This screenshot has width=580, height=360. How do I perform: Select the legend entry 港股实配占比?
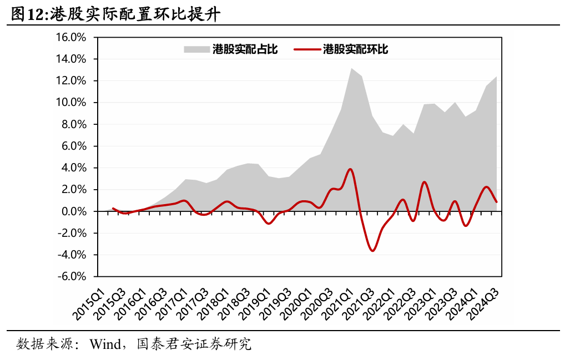pos(245,49)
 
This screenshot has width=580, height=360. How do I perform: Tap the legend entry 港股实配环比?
pos(355,49)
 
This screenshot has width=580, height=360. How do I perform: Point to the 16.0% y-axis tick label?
pos(72,38)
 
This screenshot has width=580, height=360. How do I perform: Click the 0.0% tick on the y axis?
pos(75,211)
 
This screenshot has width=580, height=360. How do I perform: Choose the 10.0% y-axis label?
pos(72,103)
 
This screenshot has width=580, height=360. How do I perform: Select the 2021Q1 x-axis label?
pos(338,303)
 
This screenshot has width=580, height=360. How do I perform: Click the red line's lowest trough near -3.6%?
pos(372,251)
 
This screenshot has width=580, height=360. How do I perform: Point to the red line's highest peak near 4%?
pos(350,169)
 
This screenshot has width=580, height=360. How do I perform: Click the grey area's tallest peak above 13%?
pos(351,68)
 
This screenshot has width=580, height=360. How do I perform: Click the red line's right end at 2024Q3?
pos(496,202)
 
